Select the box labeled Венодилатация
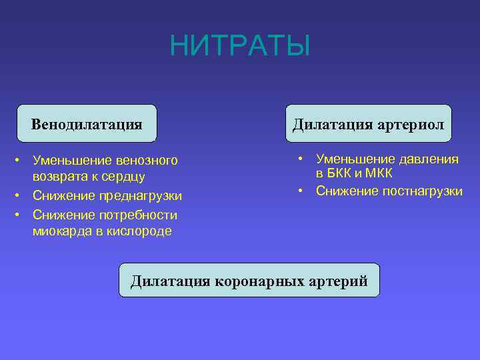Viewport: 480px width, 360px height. (x=87, y=124)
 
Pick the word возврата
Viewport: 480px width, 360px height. (x=59, y=177)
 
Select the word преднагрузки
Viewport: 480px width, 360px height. (x=140, y=196)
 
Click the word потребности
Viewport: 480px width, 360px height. (x=138, y=215)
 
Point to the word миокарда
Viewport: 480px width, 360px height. (x=59, y=231)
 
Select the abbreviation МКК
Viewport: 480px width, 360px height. (x=378, y=173)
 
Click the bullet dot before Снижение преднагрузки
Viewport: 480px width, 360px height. (x=21, y=196)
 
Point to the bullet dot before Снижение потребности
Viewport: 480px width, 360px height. (x=21, y=215)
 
